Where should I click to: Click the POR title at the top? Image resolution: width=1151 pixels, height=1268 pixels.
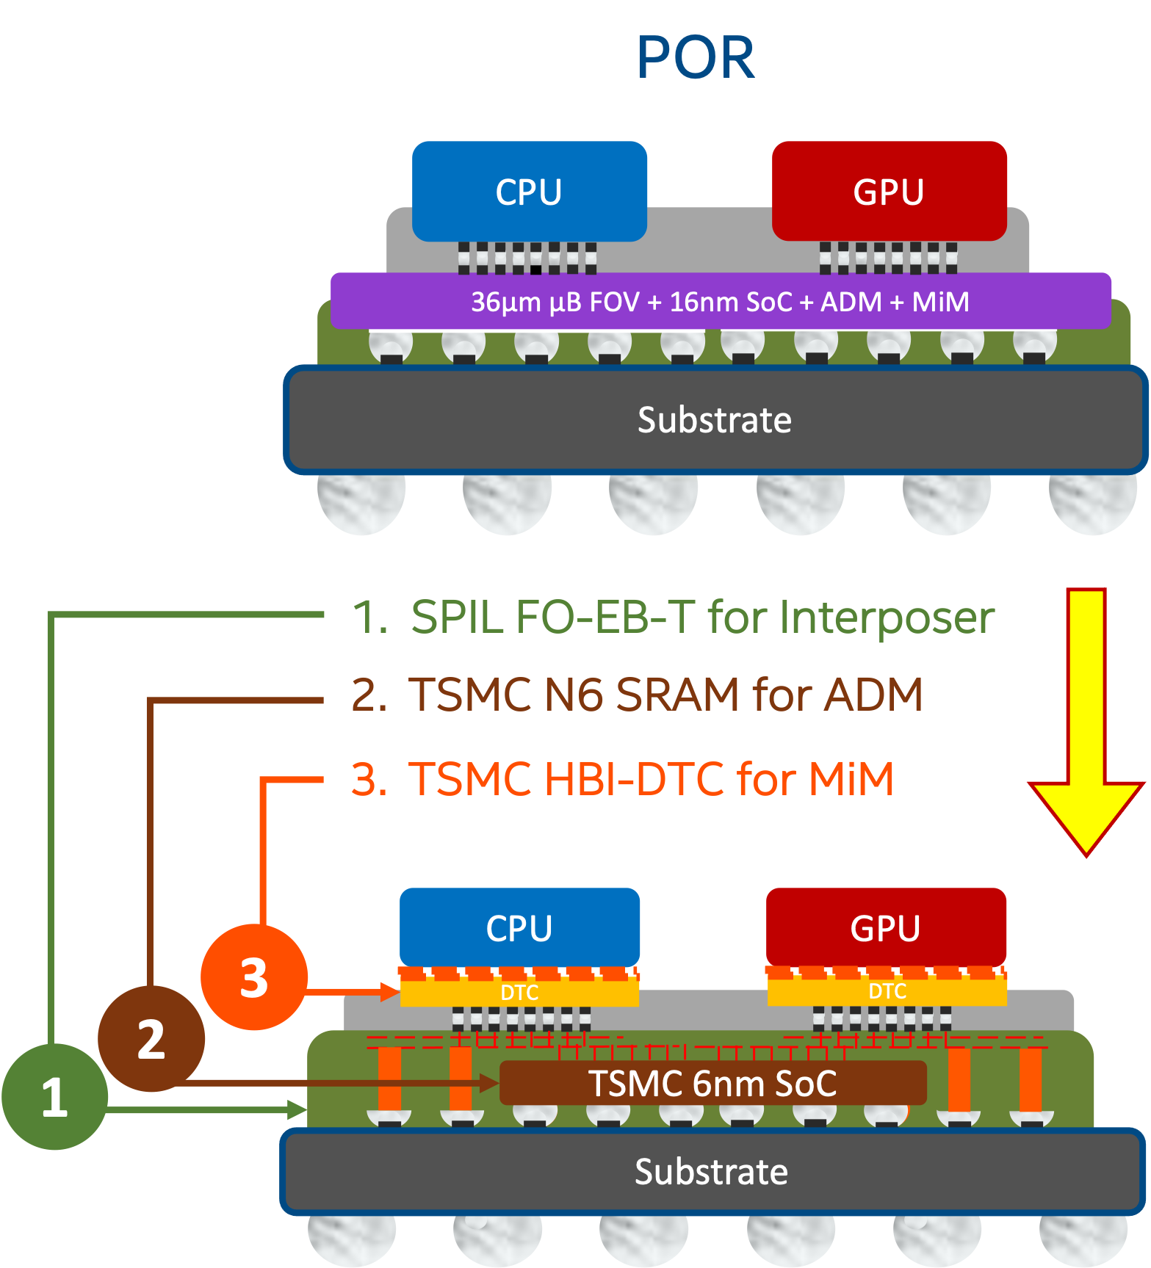(696, 58)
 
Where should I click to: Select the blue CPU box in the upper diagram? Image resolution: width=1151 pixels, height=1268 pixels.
(529, 192)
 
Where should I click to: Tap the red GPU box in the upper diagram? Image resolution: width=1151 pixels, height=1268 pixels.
(889, 192)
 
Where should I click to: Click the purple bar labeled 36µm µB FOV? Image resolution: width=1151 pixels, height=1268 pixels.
(720, 301)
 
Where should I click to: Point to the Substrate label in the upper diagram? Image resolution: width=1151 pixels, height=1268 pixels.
(714, 420)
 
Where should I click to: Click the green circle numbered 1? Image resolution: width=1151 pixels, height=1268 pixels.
(55, 1097)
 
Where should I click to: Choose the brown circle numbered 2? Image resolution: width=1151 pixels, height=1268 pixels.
(151, 1039)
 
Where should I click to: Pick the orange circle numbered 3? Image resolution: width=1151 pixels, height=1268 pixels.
(254, 977)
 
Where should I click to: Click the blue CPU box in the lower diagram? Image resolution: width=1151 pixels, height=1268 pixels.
(519, 927)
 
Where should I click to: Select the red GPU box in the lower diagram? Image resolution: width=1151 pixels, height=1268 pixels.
(886, 927)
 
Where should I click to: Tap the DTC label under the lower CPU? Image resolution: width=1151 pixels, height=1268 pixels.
(519, 993)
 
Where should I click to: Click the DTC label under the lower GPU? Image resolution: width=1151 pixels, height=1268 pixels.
(887, 991)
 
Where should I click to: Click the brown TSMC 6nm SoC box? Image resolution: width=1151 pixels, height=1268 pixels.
(712, 1083)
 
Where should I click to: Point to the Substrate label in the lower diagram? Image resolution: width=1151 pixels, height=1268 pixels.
(711, 1171)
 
